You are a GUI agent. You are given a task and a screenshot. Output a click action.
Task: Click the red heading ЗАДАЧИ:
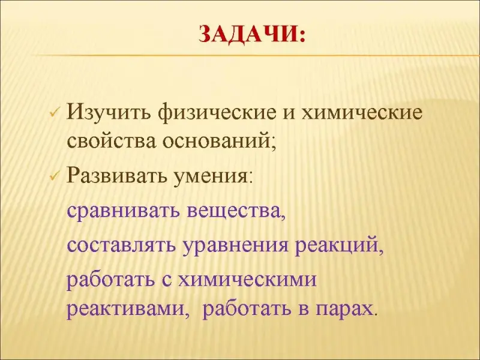coord(252,34)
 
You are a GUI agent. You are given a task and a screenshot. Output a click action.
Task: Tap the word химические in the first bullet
coord(362,113)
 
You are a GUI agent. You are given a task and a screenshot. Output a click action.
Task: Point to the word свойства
coord(112,142)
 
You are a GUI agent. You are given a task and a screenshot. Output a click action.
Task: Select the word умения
coord(213,177)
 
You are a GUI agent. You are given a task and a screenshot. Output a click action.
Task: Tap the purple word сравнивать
coord(123,211)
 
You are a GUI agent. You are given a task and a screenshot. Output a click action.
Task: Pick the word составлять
coord(122,245)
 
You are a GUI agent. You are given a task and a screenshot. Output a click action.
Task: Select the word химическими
coord(247,279)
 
